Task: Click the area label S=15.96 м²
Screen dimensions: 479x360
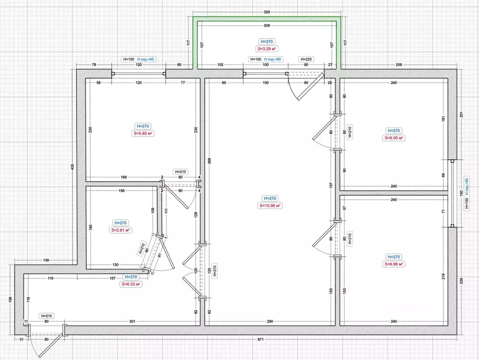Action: pos(270,206)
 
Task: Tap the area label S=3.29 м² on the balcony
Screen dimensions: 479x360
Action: pos(267,49)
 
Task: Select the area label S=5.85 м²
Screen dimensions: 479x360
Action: pos(143,133)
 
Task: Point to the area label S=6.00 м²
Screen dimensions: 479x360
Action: pos(394,138)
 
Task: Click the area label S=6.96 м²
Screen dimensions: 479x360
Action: pos(394,264)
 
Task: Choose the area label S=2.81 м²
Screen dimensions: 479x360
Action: pos(121,230)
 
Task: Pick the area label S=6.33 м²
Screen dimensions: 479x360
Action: pos(131,284)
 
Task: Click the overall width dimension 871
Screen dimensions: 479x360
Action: pos(260,339)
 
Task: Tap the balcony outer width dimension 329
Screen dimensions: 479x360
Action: pos(266,12)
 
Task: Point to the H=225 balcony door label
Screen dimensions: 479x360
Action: pos(306,59)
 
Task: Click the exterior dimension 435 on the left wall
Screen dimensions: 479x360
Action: pos(72,167)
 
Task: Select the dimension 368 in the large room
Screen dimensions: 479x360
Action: pos(209,161)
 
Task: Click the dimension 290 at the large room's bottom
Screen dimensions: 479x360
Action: pos(270,321)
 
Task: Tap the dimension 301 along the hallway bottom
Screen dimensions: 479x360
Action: pos(132,321)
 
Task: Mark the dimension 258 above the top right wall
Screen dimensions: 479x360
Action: pos(399,64)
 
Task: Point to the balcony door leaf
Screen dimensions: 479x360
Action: pos(311,87)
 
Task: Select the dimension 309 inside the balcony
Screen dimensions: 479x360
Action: pos(266,25)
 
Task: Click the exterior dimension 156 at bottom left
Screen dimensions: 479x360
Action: pos(10,299)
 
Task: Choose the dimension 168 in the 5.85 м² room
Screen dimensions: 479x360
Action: pos(124,177)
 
